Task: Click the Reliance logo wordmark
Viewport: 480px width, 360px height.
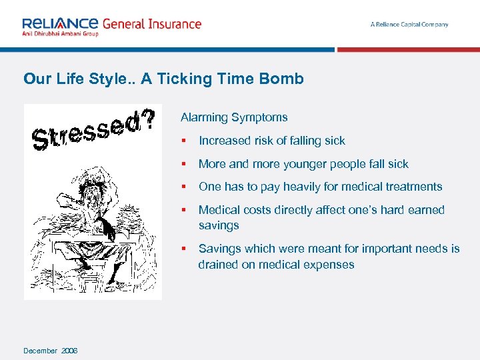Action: (x=60, y=23)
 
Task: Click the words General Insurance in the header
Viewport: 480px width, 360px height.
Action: (x=151, y=24)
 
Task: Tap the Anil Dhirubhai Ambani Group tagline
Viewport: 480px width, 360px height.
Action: (x=60, y=34)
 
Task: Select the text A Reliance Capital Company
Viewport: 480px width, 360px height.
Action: (x=409, y=25)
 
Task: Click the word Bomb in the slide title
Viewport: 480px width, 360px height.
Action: (x=283, y=79)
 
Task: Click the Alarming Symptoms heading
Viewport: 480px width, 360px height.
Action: (x=234, y=117)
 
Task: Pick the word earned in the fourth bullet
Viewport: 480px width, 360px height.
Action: (x=425, y=210)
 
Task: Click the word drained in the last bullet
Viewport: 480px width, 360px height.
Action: (x=217, y=265)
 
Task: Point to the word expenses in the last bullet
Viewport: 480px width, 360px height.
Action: (x=332, y=265)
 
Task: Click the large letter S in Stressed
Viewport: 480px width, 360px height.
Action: (x=40, y=140)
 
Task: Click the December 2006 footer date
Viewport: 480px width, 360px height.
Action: (x=50, y=351)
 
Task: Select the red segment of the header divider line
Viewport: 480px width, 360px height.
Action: (x=408, y=49)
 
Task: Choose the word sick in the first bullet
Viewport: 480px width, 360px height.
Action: (x=334, y=141)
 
